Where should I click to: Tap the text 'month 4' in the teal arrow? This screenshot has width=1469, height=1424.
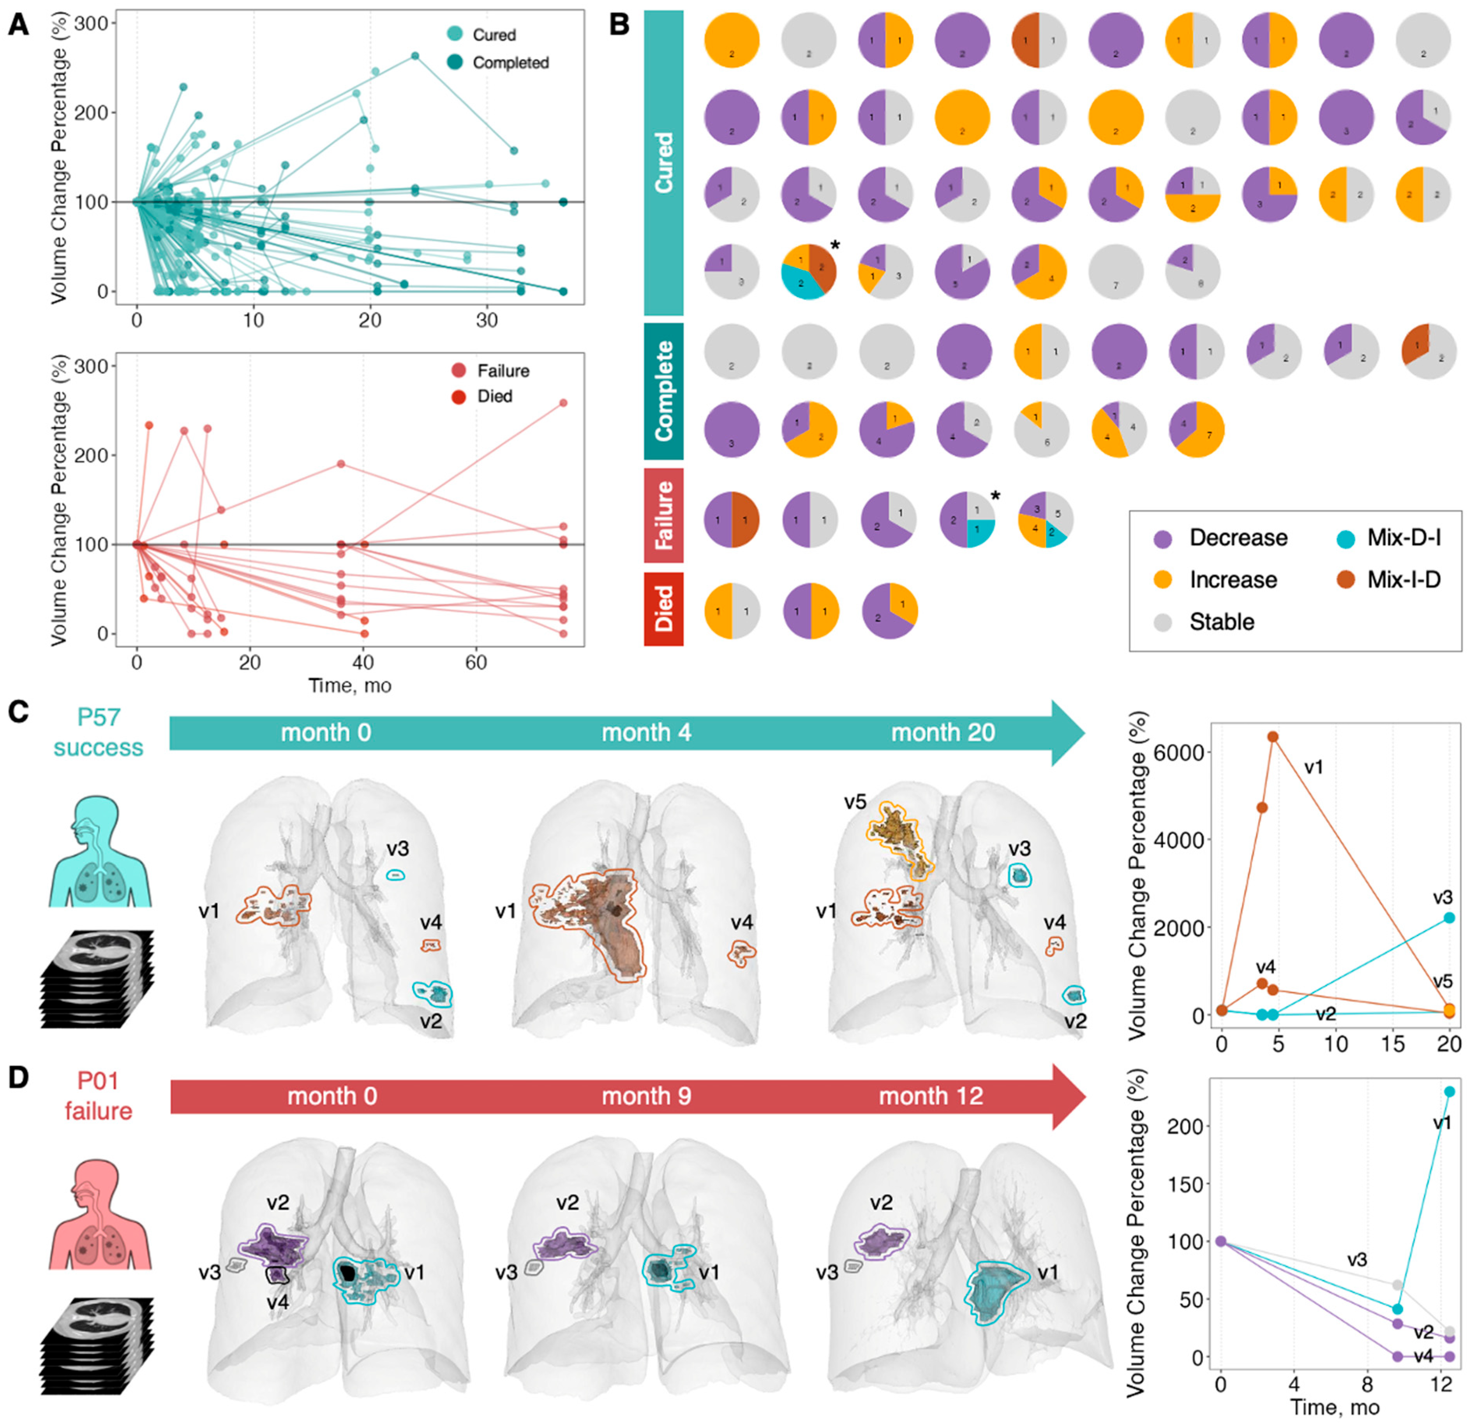646,732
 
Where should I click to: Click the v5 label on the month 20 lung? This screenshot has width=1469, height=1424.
855,802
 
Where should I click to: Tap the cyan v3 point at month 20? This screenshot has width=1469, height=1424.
1449,918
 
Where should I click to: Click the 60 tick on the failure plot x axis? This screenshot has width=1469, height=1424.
476,663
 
